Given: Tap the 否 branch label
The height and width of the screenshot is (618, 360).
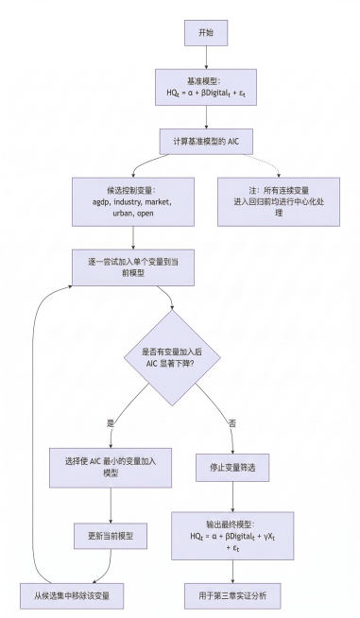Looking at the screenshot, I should click(231, 421).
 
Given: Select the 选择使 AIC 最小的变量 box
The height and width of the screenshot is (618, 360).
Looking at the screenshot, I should click(112, 466).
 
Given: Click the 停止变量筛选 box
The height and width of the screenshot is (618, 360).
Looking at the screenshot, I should click(232, 466).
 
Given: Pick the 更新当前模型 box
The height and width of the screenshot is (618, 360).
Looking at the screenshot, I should click(112, 535).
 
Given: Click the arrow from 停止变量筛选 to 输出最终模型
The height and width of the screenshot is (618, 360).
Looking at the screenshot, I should click(232, 496).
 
